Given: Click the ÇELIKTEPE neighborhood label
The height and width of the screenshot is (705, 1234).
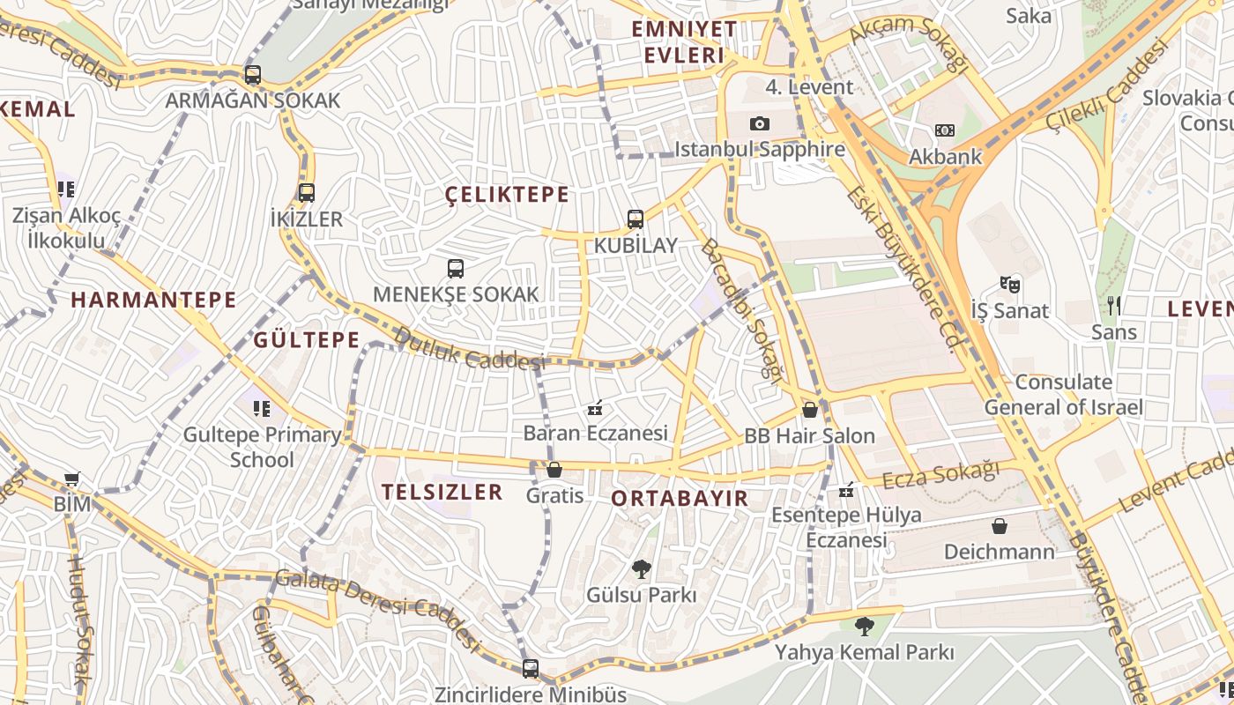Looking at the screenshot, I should point(507,195).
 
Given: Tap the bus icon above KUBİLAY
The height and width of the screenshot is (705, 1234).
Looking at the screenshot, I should point(636,219).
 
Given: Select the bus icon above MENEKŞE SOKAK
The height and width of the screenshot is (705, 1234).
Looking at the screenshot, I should point(456,269).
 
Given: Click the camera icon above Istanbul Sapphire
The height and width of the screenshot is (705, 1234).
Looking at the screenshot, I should point(760,124).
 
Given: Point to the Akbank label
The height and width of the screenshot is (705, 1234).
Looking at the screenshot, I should point(945,157).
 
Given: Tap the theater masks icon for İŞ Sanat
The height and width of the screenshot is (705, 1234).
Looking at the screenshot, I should point(1009,285).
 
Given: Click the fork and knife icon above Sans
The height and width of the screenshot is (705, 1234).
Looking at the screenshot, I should point(1114,306).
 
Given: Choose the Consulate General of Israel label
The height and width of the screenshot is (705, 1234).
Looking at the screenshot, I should point(1063,395).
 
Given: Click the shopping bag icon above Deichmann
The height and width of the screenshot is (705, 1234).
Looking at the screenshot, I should point(1000,526).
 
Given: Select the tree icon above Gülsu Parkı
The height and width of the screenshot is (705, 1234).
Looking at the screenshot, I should point(642,569).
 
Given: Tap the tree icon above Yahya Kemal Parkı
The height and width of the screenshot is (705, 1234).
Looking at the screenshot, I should point(864,627).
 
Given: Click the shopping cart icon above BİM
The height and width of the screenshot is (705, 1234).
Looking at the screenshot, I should point(72,479).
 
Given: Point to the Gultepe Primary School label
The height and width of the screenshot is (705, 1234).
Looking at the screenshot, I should point(263,447).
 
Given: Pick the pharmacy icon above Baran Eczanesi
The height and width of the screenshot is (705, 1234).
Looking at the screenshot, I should point(595,408).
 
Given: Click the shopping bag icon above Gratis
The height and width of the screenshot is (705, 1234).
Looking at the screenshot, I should point(554,470).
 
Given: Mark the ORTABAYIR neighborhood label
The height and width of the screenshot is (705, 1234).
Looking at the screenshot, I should point(680,498).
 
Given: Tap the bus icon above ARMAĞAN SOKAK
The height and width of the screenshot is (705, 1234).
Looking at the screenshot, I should point(253,75).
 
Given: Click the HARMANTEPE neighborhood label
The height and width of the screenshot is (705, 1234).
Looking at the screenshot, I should point(153,300).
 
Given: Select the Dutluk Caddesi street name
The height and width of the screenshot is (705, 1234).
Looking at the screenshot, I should point(468,349).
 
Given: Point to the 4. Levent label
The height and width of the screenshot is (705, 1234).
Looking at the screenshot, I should point(809,86).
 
